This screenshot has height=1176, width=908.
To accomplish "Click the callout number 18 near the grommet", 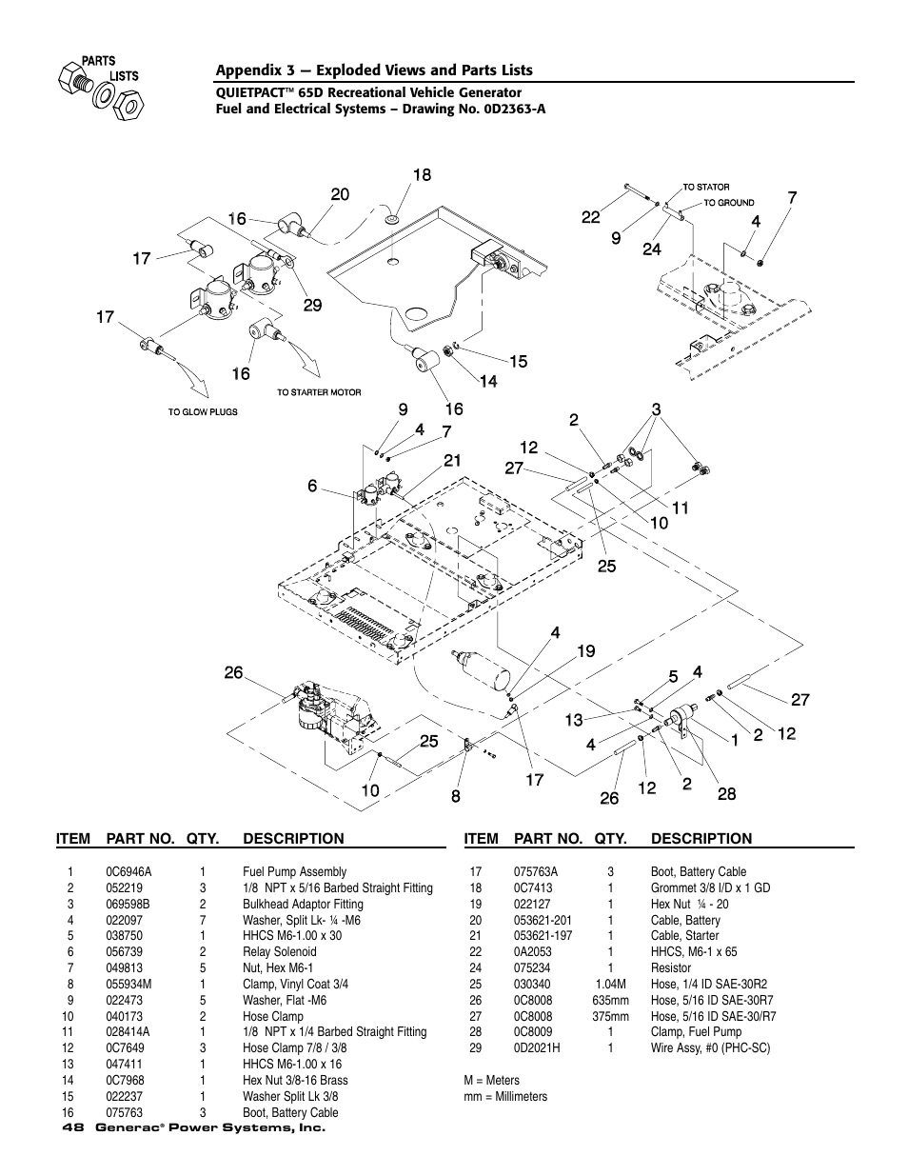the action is pos(422,175).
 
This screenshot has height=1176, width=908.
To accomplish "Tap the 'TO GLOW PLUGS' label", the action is pos(203,412).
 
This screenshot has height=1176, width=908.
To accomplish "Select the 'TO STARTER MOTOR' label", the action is pos(319,392).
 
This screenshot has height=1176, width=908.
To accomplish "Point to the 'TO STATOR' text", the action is pos(706,188).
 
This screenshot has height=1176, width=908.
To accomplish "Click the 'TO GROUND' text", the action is pos(729,203).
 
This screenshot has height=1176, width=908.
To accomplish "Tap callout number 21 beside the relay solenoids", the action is pos(451,461).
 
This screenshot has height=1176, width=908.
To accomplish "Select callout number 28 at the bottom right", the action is pos(726,793).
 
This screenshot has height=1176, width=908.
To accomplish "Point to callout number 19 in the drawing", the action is pos(585,651).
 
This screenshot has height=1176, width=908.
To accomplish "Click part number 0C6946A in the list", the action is pos(128,871).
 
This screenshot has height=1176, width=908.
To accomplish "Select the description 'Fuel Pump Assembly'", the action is pos(294,871).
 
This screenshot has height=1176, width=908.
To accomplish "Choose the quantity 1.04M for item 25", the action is pos(610,984).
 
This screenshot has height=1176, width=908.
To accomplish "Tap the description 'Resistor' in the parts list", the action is pos(670,967).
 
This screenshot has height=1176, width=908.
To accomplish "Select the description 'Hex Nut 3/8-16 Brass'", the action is pos(295,1080).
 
